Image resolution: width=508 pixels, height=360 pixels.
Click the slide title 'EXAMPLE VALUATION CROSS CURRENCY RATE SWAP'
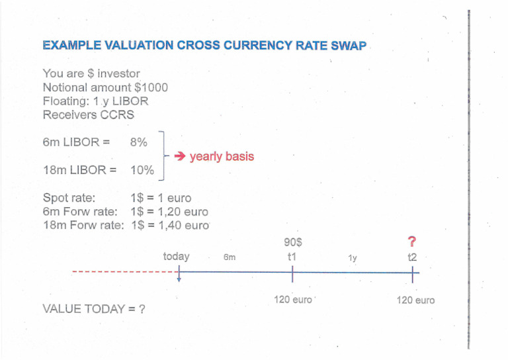click(x=204, y=46)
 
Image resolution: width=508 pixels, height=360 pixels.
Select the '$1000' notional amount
click(x=151, y=87)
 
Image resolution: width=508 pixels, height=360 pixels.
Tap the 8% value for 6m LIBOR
click(x=140, y=142)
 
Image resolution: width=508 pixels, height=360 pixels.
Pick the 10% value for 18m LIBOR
click(x=142, y=170)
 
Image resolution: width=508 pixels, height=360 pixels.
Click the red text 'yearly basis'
click(x=222, y=157)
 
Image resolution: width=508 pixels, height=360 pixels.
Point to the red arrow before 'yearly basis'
click(x=180, y=157)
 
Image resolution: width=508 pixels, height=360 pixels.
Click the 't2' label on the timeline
click(x=415, y=256)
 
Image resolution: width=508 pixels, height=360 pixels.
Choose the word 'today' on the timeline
click(x=176, y=256)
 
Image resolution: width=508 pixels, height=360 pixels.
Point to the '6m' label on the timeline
click(x=230, y=257)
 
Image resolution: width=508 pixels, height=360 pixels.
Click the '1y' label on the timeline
click(x=353, y=258)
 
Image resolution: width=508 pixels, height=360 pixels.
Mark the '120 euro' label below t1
click(x=292, y=300)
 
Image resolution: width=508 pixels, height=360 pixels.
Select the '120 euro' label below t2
click(x=415, y=300)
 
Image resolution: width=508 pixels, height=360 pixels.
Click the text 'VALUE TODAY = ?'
click(x=94, y=308)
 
